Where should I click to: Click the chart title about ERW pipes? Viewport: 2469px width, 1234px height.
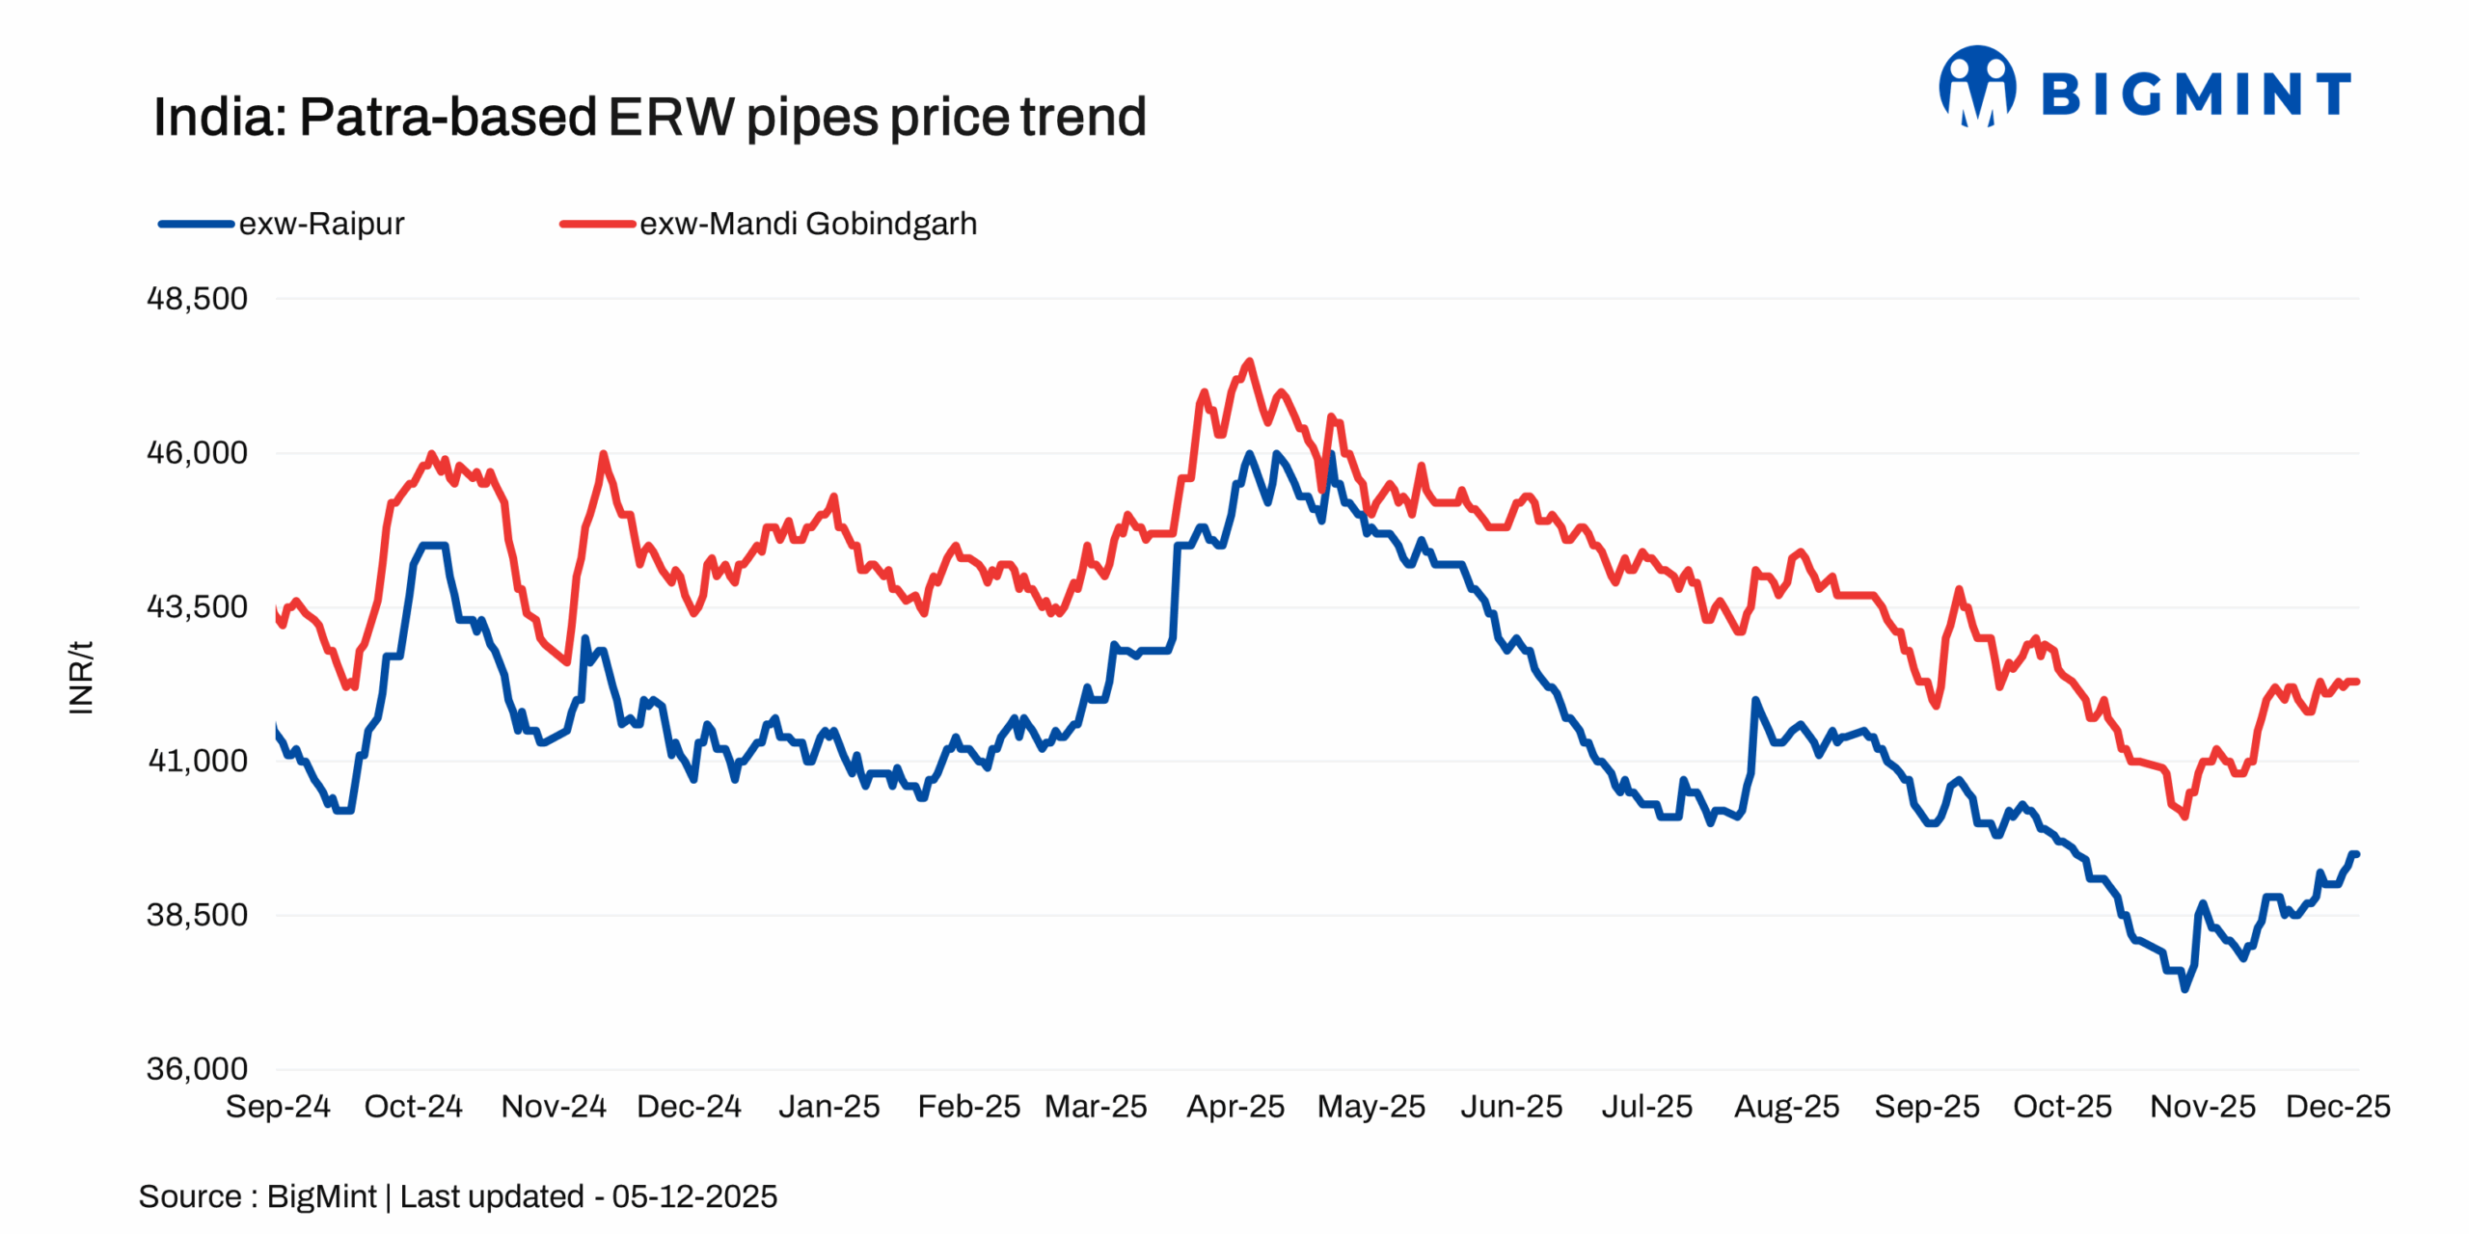tap(649, 118)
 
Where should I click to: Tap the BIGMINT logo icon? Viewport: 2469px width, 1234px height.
tap(1977, 87)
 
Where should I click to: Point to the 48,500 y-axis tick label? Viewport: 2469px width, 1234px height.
tap(197, 299)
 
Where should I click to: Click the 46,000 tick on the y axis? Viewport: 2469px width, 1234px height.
tap(197, 453)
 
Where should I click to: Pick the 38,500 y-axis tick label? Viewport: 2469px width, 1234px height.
tap(197, 915)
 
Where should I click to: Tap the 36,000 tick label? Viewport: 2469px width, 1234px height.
tap(197, 1068)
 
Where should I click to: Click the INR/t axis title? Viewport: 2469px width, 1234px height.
tap(81, 678)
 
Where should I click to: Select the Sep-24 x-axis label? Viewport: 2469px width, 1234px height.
tap(278, 1107)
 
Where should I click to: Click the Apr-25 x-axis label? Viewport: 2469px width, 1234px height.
tap(1235, 1107)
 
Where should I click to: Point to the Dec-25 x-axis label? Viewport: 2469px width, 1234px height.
tap(2338, 1107)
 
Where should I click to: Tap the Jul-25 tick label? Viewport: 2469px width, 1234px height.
tap(1647, 1107)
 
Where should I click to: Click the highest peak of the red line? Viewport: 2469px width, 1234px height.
tap(1250, 362)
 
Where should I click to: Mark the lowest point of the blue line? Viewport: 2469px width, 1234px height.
tap(2185, 989)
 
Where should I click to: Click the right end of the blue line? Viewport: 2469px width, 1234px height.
tap(2356, 854)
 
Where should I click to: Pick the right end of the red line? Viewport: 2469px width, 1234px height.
tap(2356, 682)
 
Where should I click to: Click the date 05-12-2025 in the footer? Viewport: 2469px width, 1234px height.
tap(694, 1196)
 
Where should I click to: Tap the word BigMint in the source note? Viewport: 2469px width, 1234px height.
tap(321, 1196)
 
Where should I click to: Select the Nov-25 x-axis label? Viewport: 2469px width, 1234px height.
tap(2203, 1107)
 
